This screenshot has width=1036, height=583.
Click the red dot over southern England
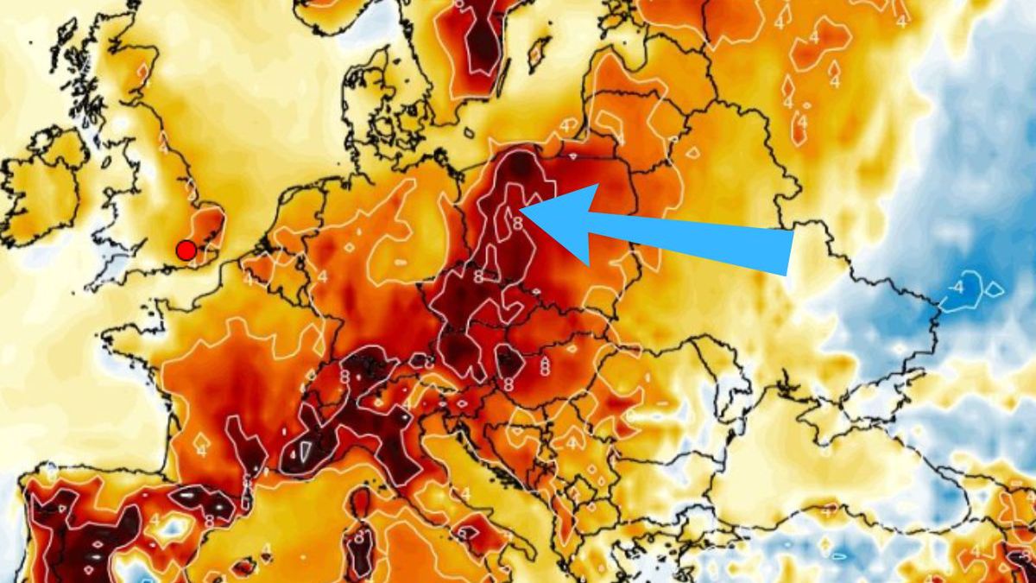click(x=186, y=250)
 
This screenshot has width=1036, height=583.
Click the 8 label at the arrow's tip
click(x=518, y=223)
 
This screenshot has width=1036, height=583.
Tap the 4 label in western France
click(x=201, y=450)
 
